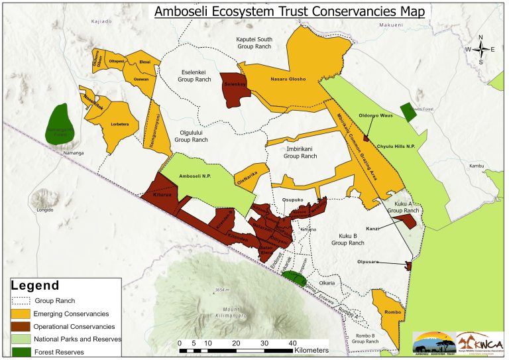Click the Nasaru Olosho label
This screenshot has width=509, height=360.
click(288, 80)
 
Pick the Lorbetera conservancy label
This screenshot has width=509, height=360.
click(120, 124)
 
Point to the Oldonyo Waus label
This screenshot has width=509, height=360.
click(376, 115)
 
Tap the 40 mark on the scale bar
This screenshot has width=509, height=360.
click(292, 342)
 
